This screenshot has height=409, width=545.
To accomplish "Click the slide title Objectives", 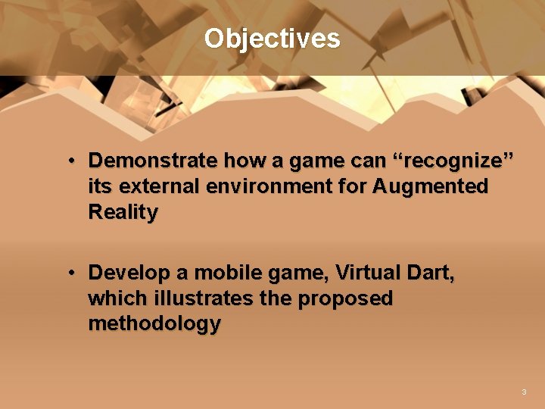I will coord(272,38).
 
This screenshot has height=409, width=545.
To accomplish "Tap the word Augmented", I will coord(430,186).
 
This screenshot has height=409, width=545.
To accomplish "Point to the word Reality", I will coord(123,212).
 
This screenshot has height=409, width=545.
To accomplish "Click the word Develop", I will coord(124,273).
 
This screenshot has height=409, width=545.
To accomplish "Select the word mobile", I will coord(225,273).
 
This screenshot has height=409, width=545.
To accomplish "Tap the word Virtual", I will coord(369,273).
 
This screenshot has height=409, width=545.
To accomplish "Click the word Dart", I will coord(433,273).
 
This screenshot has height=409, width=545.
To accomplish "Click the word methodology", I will coord(154,324).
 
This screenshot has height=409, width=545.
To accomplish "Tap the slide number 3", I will coord(523,392).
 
